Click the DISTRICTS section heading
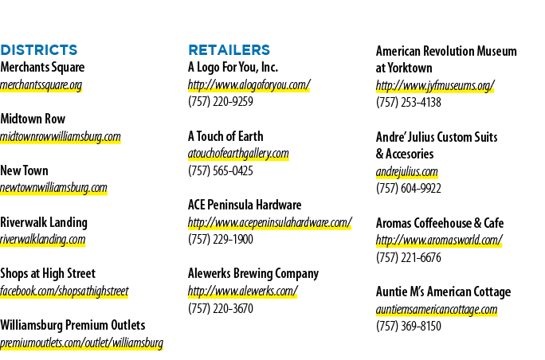pyautogui.click(x=38, y=50)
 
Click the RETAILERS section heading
pyautogui.click(x=229, y=50)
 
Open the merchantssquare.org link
pyautogui.click(x=41, y=84)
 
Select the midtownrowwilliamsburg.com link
pyautogui.click(x=60, y=136)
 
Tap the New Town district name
pyautogui.click(x=25, y=170)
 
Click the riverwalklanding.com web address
pyautogui.click(x=42, y=239)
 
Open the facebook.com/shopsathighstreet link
pyautogui.click(x=65, y=292)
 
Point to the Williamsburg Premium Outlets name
pyautogui.click(x=73, y=325)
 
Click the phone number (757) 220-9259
pyautogui.click(x=221, y=101)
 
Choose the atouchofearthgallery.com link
pyautogui.click(x=238, y=154)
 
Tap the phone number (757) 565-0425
pyautogui.click(x=221, y=170)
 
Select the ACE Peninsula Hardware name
pyautogui.click(x=245, y=205)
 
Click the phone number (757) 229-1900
pyautogui.click(x=221, y=239)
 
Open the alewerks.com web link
pyautogui.click(x=242, y=291)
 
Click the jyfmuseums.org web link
pyautogui.click(x=435, y=85)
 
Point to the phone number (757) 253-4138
pyautogui.click(x=409, y=102)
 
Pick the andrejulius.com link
pyautogui.click(x=406, y=171)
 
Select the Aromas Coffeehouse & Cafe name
pyautogui.click(x=440, y=223)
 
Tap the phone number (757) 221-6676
pyautogui.click(x=409, y=257)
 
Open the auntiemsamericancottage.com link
pyautogui.click(x=437, y=309)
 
